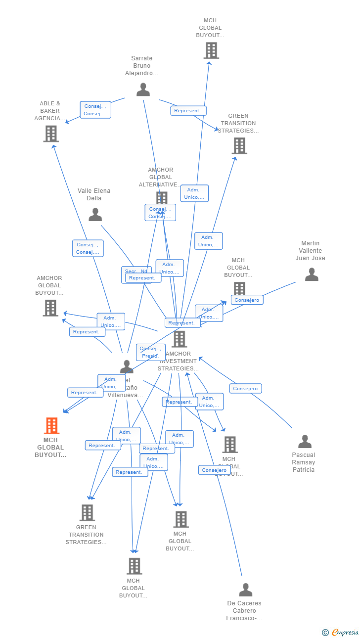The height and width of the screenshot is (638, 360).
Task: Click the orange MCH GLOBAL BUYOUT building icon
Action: [51, 426]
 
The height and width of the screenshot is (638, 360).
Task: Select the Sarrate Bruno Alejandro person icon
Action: [143, 90]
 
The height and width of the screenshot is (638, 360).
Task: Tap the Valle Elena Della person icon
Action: [95, 215]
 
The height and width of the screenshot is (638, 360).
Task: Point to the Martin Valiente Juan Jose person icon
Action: [312, 274]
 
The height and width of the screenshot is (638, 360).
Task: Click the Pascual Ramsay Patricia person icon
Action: [305, 441]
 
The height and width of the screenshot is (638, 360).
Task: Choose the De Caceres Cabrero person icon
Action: [245, 590]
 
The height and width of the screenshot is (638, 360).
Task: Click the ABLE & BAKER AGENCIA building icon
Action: [51, 134]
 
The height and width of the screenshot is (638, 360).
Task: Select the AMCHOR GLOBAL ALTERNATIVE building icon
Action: [162, 198]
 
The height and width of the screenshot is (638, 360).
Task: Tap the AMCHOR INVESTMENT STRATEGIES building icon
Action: [179, 339]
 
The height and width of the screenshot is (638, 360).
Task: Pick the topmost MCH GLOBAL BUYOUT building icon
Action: [211, 50]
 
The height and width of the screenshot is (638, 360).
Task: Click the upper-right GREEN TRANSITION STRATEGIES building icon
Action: [239, 145]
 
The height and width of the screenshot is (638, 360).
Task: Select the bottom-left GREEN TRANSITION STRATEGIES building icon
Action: [87, 512]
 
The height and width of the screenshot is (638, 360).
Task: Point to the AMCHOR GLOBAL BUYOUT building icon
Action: [50, 308]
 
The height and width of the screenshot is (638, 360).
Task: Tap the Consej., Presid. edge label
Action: [150, 352]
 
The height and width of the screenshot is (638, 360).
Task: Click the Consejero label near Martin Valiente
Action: [247, 300]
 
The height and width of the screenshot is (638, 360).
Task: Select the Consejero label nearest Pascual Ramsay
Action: [245, 389]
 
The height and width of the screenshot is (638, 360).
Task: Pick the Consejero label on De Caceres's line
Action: [214, 470]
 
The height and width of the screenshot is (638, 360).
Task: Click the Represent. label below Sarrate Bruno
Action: [188, 111]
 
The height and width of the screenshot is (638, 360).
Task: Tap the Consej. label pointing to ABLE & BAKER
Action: [95, 110]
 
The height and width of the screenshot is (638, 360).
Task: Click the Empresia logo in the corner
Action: [341, 632]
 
